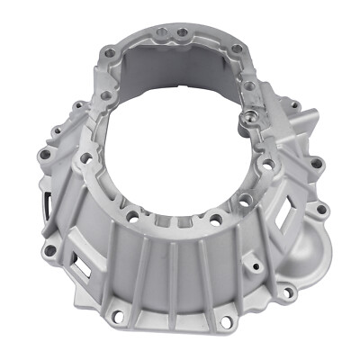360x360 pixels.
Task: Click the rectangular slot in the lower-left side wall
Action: (x=86, y=266)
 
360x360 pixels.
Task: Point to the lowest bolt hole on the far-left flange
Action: (x=49, y=251)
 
